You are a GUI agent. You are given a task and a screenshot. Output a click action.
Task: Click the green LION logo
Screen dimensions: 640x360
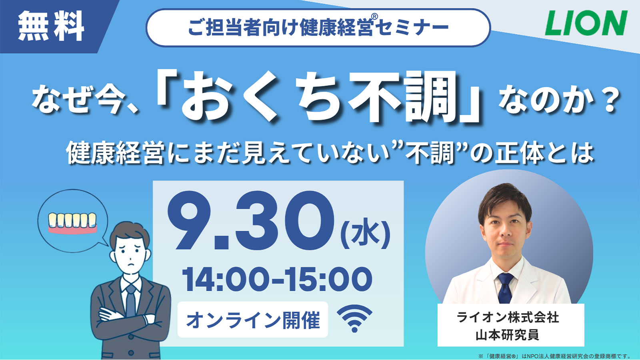(x=586, y=23)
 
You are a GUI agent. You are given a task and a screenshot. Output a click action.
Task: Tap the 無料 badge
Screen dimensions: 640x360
(x=51, y=26)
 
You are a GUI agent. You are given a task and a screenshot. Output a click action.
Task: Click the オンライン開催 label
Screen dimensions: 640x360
(x=253, y=320)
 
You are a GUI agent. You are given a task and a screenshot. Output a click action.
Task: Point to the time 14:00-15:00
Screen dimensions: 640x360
(x=277, y=279)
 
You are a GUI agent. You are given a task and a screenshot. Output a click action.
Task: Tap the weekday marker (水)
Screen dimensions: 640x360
(x=366, y=234)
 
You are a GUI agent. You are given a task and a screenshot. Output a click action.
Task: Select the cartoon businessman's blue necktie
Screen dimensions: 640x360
(x=130, y=300)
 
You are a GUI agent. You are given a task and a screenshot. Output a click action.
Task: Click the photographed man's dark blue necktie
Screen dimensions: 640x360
(x=505, y=288)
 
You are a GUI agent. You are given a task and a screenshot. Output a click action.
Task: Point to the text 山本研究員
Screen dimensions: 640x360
(x=508, y=334)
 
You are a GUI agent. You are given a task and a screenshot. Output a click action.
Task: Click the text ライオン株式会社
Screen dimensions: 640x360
(x=508, y=318)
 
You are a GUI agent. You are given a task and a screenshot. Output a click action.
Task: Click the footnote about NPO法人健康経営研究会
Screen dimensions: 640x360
(x=554, y=356)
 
